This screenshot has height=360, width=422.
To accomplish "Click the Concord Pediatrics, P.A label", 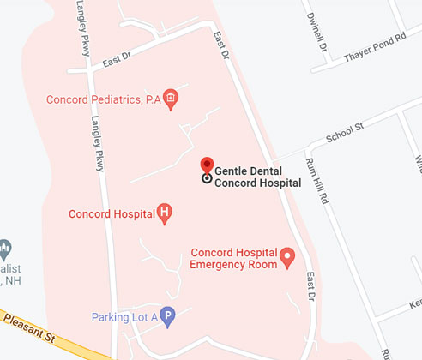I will point(104,99).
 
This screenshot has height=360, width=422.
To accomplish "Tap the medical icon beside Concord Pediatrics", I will point(171,98).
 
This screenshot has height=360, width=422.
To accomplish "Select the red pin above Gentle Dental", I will point(207,165).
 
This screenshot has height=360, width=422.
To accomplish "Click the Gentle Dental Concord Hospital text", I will point(257,177).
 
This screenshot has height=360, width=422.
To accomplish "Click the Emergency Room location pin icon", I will point(288,256).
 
